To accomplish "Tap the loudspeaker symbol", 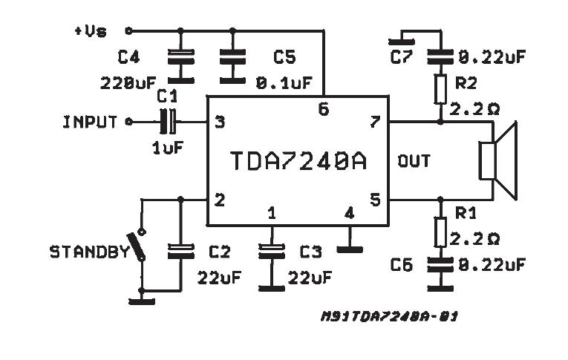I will tap(497, 160).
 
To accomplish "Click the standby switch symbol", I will tap(136, 246).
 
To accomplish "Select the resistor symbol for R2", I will tap(440, 87).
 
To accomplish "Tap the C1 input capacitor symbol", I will tap(170, 121).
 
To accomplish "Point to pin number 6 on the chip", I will tap(323, 108).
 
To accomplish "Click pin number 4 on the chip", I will tap(349, 214).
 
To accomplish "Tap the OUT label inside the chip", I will tap(414, 160).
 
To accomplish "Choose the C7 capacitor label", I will tap(402, 56).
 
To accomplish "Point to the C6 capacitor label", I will tap(402, 265).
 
